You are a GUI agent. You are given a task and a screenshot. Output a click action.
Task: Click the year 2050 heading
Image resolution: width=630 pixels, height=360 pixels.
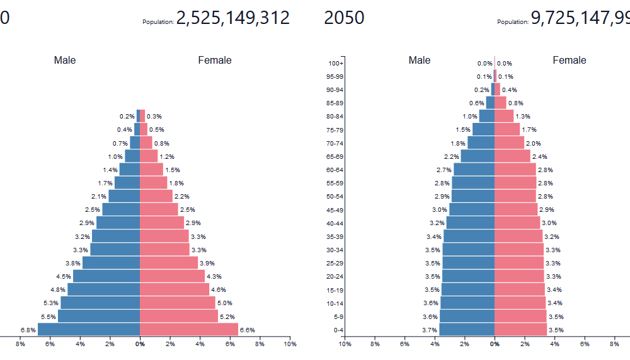344,18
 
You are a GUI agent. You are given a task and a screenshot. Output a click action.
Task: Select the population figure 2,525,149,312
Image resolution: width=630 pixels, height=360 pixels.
233,18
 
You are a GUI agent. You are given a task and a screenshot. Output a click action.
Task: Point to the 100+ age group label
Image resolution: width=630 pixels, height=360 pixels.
336,63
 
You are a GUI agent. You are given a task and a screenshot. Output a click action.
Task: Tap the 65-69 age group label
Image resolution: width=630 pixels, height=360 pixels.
335,156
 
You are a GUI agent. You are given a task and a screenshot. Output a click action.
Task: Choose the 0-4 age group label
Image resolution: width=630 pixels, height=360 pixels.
338,330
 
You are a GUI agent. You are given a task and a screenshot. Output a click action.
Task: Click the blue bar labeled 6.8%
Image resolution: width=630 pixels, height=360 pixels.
89,330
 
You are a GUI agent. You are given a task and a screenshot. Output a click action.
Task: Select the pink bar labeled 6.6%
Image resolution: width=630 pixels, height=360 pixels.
189,330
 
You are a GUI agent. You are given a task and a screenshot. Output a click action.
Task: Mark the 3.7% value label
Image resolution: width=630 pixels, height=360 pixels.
430,330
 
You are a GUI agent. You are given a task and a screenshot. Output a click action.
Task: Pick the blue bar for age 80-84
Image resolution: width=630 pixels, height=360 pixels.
486,116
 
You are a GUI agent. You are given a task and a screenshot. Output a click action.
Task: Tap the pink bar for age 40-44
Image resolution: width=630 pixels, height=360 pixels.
517,223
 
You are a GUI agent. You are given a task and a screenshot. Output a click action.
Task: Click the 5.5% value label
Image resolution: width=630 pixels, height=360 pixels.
49,316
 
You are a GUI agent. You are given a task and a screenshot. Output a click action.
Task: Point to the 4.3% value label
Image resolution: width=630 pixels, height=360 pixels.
214,276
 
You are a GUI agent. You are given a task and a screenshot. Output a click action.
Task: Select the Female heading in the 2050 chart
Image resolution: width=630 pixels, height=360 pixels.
570,61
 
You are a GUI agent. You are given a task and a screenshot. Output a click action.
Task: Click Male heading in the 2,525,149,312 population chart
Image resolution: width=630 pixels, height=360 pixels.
65,61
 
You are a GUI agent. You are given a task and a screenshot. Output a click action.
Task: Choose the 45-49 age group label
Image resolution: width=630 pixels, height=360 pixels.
335,210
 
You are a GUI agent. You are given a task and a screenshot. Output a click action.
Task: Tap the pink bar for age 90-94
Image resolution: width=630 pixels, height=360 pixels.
498,90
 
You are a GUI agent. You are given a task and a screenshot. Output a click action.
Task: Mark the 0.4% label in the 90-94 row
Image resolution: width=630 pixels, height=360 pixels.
510,90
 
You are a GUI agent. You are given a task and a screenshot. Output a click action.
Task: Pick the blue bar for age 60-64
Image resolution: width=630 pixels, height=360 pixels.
474,170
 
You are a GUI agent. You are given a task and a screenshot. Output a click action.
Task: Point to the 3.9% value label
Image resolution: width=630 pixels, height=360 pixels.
207,263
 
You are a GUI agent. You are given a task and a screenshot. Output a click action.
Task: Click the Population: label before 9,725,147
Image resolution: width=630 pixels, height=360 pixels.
513,22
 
